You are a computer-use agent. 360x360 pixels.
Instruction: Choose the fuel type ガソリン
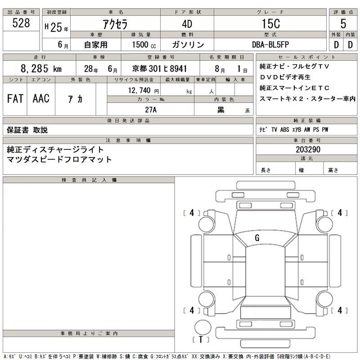[188, 45]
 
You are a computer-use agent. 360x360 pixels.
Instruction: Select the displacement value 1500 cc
[144, 45]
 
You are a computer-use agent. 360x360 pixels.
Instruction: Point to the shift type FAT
[15, 99]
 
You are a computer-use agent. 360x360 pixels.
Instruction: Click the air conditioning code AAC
[41, 99]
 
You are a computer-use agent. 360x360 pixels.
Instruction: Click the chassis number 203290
[308, 149]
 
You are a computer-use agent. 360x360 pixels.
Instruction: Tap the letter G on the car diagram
[257, 238]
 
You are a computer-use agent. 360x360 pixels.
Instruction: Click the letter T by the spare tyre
[201, 339]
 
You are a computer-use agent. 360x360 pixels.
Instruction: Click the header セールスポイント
[307, 57]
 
